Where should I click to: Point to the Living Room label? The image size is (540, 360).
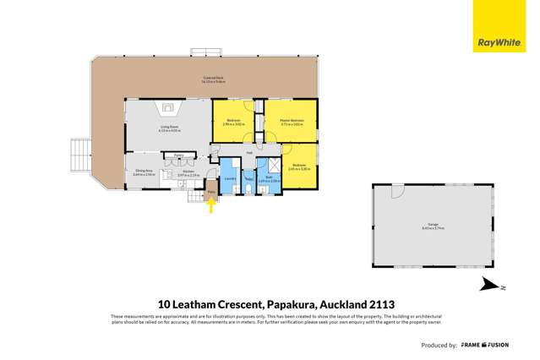[x=171, y=130]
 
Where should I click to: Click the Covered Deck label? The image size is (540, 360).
[x=213, y=80]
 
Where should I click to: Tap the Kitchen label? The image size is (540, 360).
[x=188, y=175]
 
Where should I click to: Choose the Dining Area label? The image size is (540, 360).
[x=143, y=172]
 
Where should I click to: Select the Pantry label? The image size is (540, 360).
[x=179, y=155]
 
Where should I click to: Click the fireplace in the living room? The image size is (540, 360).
[x=168, y=107]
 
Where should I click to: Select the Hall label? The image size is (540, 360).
[x=249, y=153]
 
